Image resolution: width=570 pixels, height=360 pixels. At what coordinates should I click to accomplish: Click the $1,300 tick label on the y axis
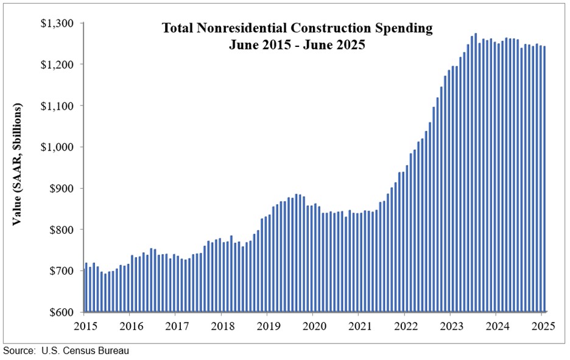tap(57, 23)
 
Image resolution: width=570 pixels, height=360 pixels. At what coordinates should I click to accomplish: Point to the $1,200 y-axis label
tap(57, 65)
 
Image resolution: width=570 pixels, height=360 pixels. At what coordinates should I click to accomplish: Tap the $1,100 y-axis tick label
tap(57, 106)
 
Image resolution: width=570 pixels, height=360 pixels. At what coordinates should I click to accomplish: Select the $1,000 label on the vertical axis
tap(57, 147)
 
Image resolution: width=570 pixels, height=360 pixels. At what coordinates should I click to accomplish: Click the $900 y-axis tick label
tap(61, 189)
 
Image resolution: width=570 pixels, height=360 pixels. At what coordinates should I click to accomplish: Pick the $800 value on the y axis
tap(61, 230)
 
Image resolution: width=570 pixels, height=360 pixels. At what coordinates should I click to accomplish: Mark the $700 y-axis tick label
tap(61, 271)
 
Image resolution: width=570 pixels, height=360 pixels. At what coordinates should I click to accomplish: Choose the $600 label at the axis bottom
tap(61, 312)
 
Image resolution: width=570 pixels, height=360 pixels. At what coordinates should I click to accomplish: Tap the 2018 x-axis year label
tap(222, 325)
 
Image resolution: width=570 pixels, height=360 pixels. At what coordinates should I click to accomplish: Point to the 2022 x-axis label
tap(405, 325)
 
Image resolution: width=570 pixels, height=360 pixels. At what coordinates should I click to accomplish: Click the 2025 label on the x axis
tap(543, 325)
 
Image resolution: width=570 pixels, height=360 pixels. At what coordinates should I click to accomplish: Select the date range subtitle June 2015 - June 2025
tap(297, 44)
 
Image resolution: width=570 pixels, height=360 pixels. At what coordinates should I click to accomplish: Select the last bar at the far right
tap(544, 179)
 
